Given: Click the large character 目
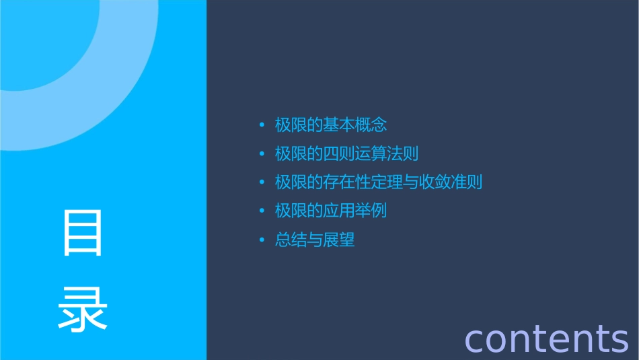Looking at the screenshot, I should (x=83, y=232).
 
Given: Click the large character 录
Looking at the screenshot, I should (x=83, y=309).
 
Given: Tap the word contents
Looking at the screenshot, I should (x=546, y=338).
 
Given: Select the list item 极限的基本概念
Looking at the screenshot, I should (x=331, y=125).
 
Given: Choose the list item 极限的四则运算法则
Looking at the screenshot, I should (x=346, y=154).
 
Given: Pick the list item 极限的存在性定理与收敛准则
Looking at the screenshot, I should (x=378, y=182).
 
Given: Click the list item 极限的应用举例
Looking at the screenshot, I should (x=331, y=211).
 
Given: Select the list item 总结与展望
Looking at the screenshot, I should (x=315, y=240).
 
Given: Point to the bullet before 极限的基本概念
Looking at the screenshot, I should (x=262, y=126).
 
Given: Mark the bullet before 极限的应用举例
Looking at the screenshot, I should (x=262, y=211).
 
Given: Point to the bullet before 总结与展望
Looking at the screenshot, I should (x=262, y=240).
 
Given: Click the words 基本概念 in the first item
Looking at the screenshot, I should (x=354, y=125).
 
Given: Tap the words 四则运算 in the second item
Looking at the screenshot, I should (x=354, y=154).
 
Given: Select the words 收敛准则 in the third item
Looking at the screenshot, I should (x=450, y=182).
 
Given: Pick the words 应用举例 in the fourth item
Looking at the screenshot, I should (x=354, y=211).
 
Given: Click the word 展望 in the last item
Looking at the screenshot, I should (x=338, y=240).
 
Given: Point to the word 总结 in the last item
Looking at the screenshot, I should (x=291, y=240).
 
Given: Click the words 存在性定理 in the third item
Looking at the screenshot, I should (x=362, y=182).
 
